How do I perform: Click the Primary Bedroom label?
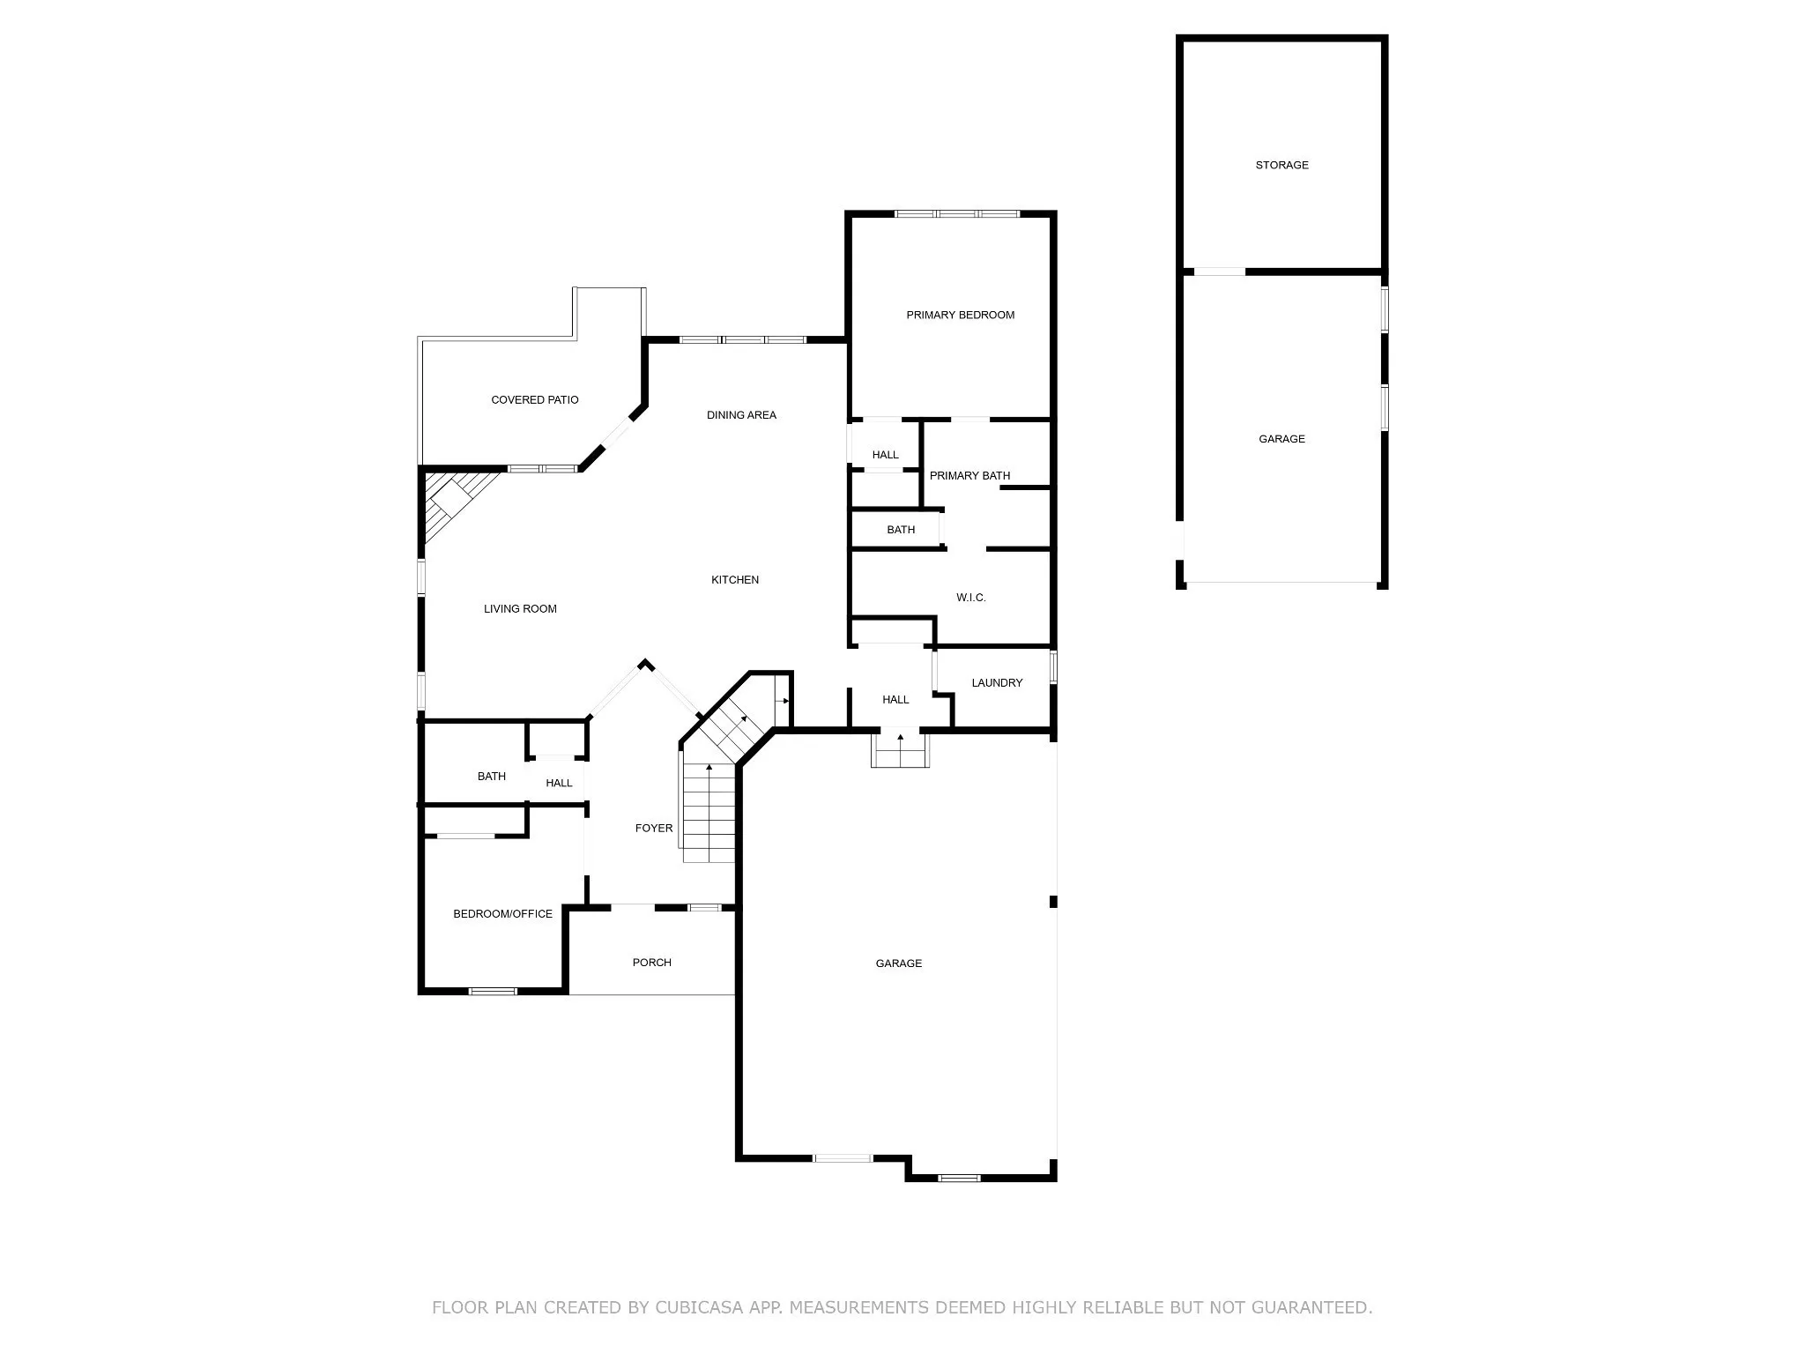coord(960,315)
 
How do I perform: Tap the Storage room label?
coord(1281,165)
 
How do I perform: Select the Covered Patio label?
coord(535,399)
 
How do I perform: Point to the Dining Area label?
coord(741,415)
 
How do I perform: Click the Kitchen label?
coord(735,579)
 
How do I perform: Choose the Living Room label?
coord(520,608)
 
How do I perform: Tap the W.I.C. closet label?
coord(970,598)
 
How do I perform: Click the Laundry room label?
coord(997,682)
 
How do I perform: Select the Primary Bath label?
coord(969,475)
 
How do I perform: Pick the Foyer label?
coord(654,828)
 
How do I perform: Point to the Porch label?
coord(652,962)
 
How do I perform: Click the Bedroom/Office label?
coord(502,913)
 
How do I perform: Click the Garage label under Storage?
coord(1281,438)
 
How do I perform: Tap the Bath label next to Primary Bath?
coord(901,530)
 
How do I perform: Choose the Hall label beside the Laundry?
coord(895,699)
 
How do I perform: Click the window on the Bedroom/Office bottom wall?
coord(493,992)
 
